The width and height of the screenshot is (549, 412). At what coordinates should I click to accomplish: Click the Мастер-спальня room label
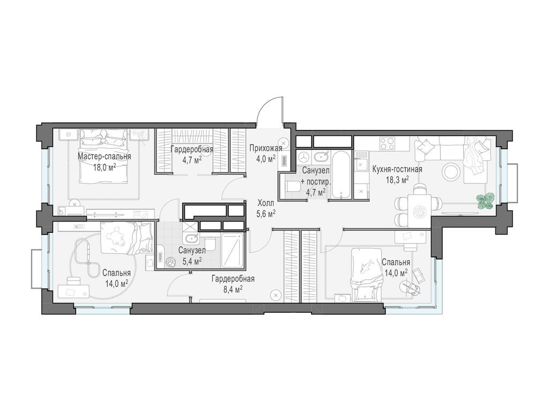coord(105,156)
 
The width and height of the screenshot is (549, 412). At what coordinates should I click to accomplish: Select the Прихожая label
coord(266,149)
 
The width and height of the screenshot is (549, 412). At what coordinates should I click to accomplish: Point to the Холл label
coord(266,203)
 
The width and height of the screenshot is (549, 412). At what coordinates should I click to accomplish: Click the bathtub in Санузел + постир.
coord(340,174)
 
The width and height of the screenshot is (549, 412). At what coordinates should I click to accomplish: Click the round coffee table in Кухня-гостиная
coord(450,172)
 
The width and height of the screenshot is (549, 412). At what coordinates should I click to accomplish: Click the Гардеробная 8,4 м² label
coord(233,284)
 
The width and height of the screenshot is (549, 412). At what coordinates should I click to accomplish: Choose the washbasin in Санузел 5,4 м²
coord(191,239)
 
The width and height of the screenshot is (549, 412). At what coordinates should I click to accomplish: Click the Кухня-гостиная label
coord(397,169)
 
